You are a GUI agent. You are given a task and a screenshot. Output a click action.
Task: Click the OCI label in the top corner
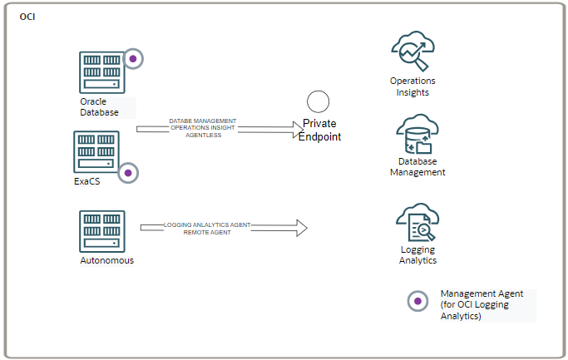(x=27, y=17)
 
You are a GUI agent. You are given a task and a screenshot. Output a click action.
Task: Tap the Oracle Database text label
(x=99, y=106)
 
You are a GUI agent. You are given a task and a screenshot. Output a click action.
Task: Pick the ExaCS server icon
(x=96, y=151)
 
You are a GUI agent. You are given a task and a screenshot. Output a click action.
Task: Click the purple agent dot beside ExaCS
(x=127, y=173)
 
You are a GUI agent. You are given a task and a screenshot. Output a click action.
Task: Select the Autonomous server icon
(x=102, y=231)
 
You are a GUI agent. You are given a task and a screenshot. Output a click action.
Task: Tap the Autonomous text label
(x=106, y=260)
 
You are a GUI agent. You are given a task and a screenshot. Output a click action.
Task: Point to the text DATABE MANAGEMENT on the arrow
(x=203, y=121)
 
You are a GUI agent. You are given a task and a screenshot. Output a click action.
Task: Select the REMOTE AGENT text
(x=207, y=232)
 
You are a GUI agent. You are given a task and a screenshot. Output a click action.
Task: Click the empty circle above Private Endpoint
(x=319, y=101)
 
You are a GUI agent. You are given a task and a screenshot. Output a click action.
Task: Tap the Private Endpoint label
(x=320, y=131)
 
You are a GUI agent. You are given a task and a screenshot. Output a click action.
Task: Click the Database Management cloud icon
(x=417, y=134)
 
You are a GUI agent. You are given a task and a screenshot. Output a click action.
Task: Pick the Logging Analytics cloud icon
(x=417, y=223)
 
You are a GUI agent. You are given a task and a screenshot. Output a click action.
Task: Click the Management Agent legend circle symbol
(x=417, y=301)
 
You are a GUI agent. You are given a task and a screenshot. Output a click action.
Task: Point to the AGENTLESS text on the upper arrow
(x=203, y=135)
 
